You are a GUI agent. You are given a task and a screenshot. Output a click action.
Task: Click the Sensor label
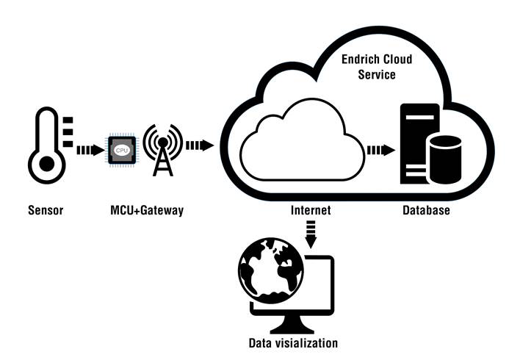(x=46, y=211)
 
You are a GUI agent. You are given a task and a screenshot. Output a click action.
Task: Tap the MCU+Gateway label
(x=142, y=211)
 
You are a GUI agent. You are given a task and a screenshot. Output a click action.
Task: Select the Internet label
(x=311, y=211)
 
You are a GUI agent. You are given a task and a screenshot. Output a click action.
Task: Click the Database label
(x=425, y=211)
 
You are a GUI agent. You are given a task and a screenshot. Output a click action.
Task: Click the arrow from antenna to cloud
(x=199, y=145)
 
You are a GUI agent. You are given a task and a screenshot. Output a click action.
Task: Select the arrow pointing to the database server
(x=380, y=150)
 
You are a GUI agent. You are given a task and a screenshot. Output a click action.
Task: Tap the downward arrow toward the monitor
(x=311, y=237)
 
